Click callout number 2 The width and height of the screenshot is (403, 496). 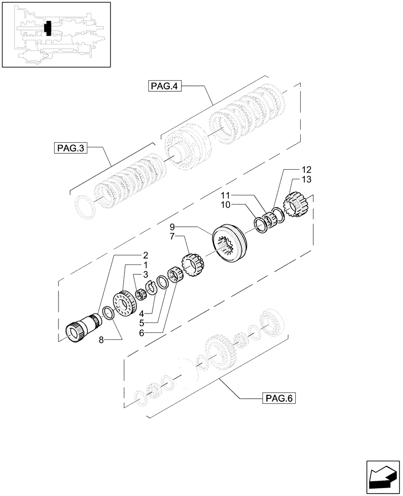tap(145, 256)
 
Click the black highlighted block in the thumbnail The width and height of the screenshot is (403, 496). tap(48, 28)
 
